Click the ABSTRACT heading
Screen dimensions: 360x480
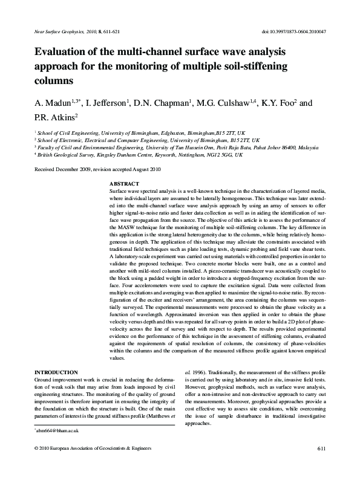pos(125,183)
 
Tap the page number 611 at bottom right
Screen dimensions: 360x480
pos(321,464)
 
